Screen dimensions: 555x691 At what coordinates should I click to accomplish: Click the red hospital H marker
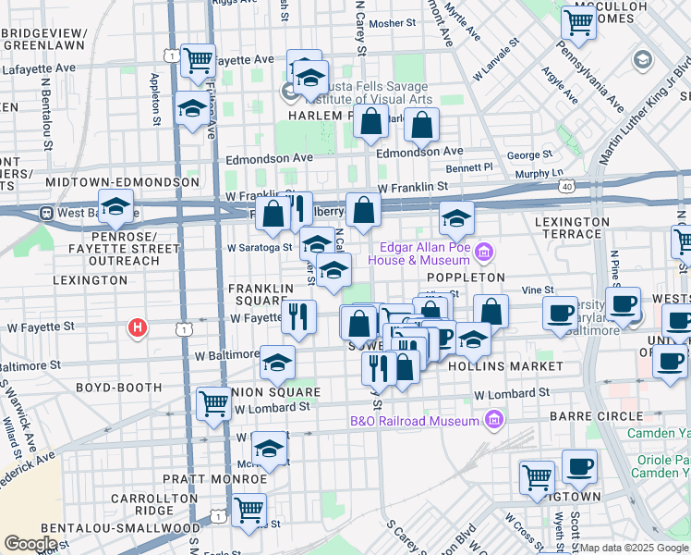138,327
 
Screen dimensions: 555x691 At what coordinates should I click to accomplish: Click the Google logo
30,543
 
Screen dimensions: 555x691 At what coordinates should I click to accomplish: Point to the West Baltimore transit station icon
45,212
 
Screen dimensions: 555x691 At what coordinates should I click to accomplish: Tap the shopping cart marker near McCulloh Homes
578,22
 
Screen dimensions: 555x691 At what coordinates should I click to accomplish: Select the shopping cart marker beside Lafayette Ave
198,60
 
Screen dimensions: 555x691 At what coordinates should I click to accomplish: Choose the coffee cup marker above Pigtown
579,466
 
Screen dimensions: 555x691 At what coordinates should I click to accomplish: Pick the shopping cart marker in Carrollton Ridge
249,509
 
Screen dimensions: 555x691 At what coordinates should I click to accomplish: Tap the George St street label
528,154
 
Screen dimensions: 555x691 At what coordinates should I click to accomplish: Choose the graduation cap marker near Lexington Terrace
456,219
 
